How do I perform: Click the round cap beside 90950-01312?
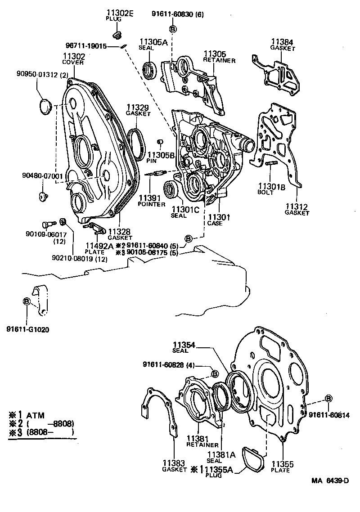pyautogui.click(x=44, y=108)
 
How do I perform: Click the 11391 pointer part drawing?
pyautogui.click(x=157, y=174)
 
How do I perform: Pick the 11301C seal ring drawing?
pyautogui.click(x=171, y=189)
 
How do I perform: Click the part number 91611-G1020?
pyautogui.click(x=27, y=329)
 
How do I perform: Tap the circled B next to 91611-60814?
pyautogui.click(x=328, y=399)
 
